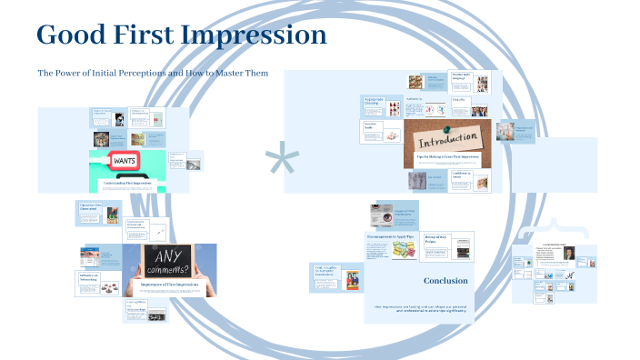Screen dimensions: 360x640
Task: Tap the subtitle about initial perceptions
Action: click(152, 73)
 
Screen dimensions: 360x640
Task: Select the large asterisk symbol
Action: click(282, 161)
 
